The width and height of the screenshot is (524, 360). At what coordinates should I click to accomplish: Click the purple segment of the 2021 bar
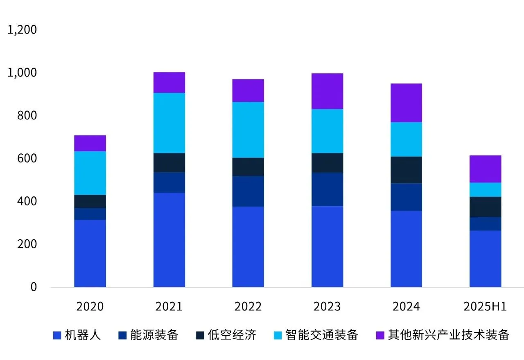[x=169, y=83]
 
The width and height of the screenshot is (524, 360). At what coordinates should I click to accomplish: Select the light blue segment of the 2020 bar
[x=90, y=173]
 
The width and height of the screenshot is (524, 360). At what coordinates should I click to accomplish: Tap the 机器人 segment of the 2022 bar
[x=248, y=247]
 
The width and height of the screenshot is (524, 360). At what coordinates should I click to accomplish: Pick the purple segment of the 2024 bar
[x=406, y=103]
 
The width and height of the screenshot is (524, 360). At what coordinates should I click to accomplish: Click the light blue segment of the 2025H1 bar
[x=485, y=189]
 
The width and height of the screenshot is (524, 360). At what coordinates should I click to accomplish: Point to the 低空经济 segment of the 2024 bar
[x=406, y=170]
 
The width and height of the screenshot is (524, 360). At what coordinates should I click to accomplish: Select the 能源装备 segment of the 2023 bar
[x=327, y=189]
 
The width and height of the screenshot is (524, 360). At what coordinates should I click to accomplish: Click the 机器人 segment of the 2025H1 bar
[x=485, y=259]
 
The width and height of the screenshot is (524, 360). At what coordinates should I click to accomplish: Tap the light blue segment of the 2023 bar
[x=327, y=131]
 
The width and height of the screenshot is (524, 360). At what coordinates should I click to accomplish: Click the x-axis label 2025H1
[x=485, y=307]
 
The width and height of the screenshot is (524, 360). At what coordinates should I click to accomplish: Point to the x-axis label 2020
[x=90, y=307]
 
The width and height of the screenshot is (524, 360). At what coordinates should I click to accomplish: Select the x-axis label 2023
[x=327, y=307]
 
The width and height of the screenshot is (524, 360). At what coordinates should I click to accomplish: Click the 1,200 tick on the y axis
[x=22, y=30]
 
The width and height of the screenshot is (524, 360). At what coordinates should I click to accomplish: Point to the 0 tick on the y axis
[x=33, y=287]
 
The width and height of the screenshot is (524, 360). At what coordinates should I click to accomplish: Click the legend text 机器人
[x=83, y=335]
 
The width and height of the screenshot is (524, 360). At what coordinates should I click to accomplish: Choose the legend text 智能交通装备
[x=322, y=335]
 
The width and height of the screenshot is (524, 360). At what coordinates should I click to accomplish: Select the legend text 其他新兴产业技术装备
[x=449, y=335]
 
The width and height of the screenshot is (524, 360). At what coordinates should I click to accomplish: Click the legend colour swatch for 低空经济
[x=200, y=335]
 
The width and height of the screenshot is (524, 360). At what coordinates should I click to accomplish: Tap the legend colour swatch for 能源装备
[x=122, y=335]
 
